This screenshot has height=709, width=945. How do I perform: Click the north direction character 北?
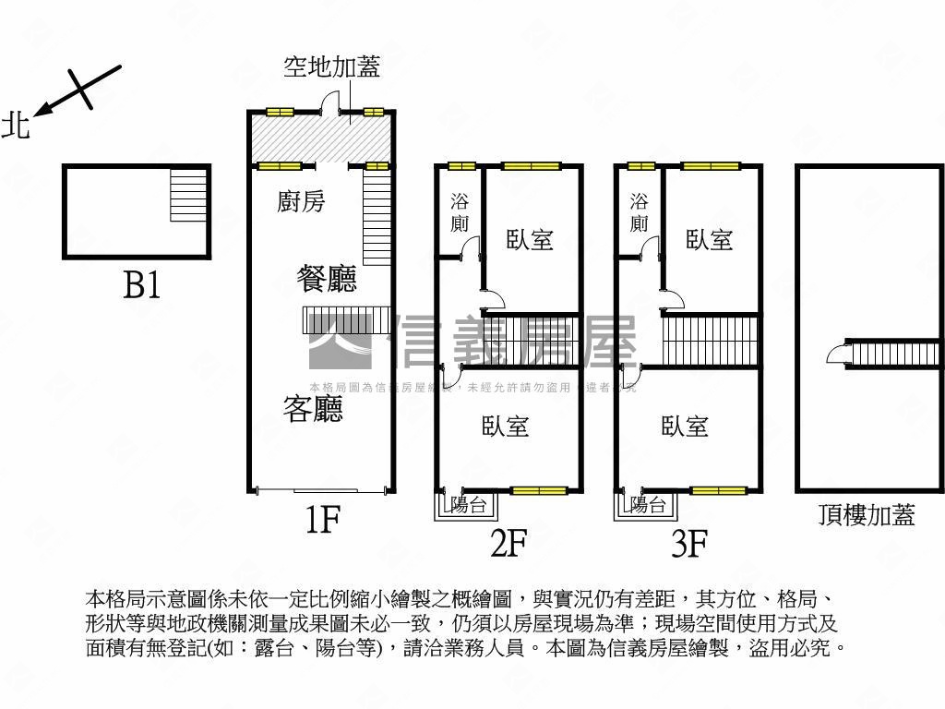pos(16,125)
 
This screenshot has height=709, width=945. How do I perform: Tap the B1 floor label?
pos(142,286)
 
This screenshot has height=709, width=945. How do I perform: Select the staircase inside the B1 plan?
pos(188,195)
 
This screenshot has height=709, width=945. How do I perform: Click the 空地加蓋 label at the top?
pos(331,67)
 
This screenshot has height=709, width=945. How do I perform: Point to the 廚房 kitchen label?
pos(301,201)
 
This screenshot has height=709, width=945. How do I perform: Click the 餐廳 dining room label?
pos(327,278)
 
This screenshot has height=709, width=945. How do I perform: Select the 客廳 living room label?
pos(313,408)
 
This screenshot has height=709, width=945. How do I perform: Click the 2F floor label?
pos(508,544)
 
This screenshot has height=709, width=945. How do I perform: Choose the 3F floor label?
pos(688,544)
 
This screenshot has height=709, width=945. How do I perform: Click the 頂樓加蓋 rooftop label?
pos(867,515)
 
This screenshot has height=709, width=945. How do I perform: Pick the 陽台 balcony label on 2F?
pos(469,505)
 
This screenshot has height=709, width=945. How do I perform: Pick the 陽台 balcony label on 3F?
pos(649,505)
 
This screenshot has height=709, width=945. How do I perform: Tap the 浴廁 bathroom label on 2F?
pos(459,212)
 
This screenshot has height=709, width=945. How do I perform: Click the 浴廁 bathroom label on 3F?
pos(639,212)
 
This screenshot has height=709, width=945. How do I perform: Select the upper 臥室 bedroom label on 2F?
pos(530,240)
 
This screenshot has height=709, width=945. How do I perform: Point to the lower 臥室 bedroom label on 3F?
pos(685,426)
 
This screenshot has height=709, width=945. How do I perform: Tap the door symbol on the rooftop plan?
pos(836,353)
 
